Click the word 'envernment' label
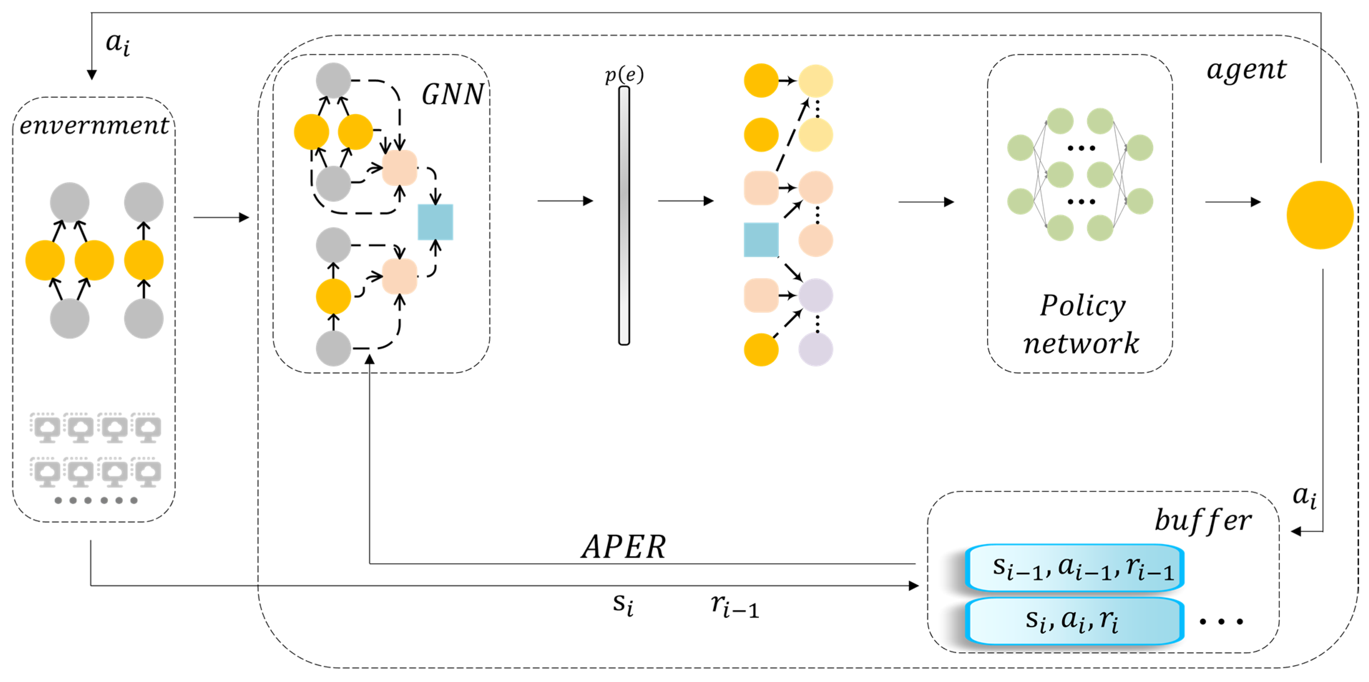pos(94,126)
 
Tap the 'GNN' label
pos(452,94)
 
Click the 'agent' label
pos(1246,70)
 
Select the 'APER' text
pos(623,546)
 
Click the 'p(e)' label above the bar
pos(624,74)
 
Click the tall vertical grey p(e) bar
pos(624,215)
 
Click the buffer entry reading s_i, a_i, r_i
pos(1074,620)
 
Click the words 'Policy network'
pos(1081,324)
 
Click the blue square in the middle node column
pos(761,240)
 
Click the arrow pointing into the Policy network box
pos(926,202)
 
